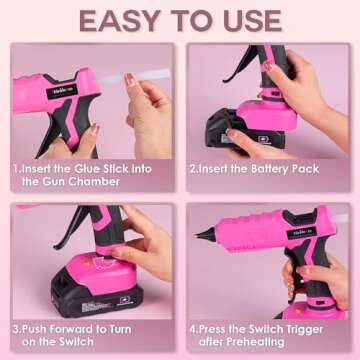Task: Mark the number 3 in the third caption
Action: point(16,326)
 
